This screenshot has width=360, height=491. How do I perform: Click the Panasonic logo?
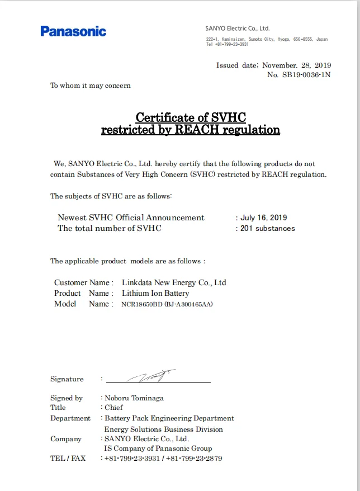coord(73,31)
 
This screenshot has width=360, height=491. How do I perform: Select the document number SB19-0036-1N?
coord(306,75)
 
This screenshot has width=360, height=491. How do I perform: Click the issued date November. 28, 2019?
coord(296,65)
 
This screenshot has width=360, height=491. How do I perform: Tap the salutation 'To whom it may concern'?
coord(91,86)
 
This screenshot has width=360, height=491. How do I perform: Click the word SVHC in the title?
coord(229,117)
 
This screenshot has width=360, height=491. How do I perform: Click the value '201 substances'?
coord(267,228)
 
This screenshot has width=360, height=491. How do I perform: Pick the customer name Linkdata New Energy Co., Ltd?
coord(174,282)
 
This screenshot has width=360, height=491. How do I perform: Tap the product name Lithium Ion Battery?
coord(155,293)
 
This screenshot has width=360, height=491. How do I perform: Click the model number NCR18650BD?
coord(142,304)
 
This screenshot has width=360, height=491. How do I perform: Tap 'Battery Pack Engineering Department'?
coord(169,418)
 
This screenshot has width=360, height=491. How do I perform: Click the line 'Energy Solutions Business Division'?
coord(164,429)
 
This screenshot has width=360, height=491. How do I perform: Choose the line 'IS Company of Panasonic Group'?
coord(158,448)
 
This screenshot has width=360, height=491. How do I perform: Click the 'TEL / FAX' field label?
coord(68,459)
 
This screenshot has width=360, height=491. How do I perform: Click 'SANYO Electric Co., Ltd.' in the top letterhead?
coord(238,28)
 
